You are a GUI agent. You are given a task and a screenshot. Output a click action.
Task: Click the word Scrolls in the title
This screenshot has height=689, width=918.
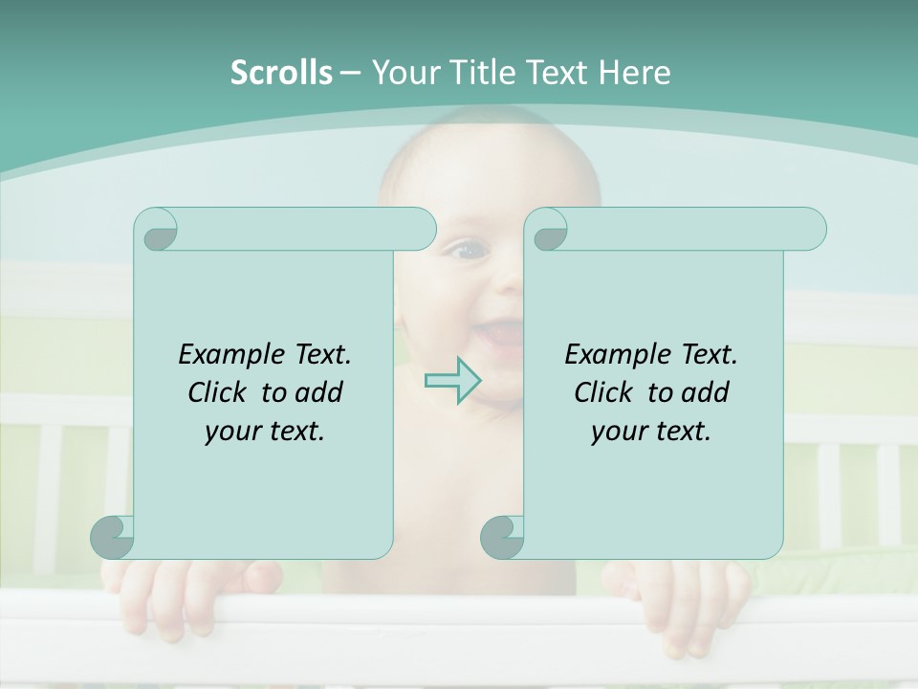[281, 72]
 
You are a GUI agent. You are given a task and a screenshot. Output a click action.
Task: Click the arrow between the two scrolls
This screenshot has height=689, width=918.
[452, 380]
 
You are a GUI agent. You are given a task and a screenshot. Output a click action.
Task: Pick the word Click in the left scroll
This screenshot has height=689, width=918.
[219, 392]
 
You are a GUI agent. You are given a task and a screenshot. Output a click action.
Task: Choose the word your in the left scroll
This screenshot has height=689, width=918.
[229, 432]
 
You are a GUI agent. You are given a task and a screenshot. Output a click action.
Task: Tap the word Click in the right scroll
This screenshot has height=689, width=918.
[605, 392]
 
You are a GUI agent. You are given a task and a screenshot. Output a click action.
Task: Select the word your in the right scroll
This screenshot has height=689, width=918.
[616, 432]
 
